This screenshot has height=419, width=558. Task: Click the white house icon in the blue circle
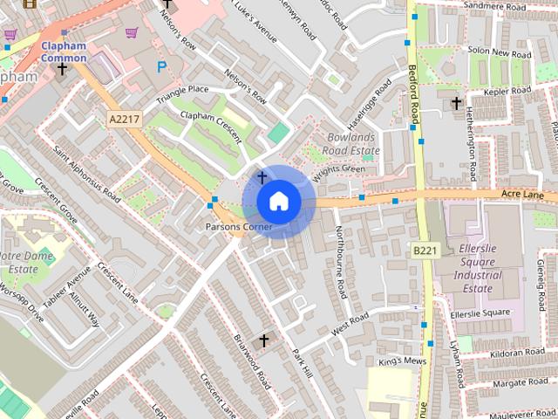point(278,201)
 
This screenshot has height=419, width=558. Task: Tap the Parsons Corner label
point(239,227)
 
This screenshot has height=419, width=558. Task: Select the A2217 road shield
point(126,117)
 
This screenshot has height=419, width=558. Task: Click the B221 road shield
point(425,251)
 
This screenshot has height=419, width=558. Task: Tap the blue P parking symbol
point(160,66)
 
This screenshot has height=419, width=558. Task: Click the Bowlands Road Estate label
point(353,144)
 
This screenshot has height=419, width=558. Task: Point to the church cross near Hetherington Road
point(456,104)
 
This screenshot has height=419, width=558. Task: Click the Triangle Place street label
point(182,95)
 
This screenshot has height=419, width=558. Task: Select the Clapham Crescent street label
point(204,126)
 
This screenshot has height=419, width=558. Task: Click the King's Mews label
point(402,361)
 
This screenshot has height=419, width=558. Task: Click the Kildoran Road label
point(518,352)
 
